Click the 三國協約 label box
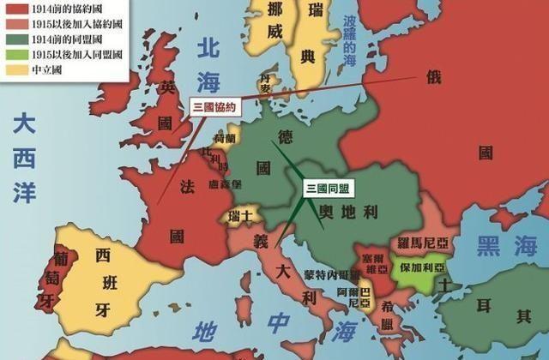coord(212,106)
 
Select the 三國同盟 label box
coord(328,187)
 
